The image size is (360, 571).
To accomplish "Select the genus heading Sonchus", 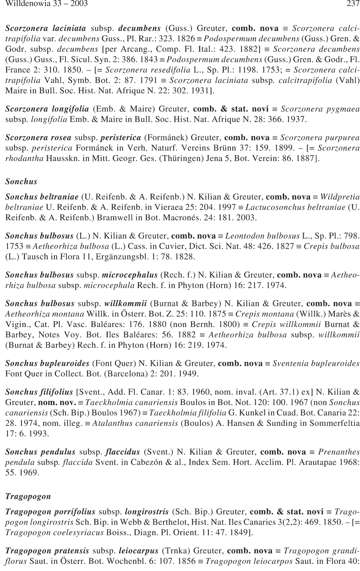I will (21, 182).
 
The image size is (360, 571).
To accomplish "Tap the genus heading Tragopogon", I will (28, 497).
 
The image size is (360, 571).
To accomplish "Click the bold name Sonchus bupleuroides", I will (47, 363).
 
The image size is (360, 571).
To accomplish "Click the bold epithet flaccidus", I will (122, 452).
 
